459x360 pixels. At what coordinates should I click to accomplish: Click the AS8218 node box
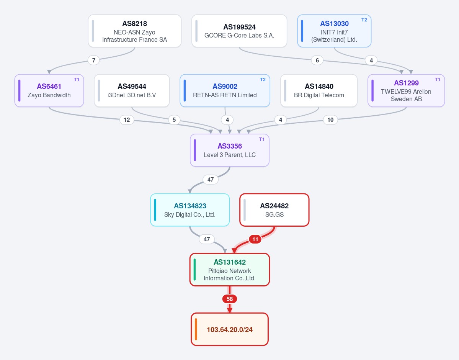pos(135,31)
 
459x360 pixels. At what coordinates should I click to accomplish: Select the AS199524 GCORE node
pos(239,31)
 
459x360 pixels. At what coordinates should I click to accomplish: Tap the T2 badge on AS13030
pos(364,20)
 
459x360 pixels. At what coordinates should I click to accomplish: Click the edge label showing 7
pos(94,61)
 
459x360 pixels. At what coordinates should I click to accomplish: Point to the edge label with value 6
pos(317,61)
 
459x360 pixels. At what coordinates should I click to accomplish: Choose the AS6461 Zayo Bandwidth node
pos(49,90)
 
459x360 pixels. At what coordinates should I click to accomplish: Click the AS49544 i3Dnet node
pos(132,90)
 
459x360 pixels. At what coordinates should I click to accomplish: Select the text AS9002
pos(225,87)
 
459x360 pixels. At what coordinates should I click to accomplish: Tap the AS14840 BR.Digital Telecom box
pos(319,90)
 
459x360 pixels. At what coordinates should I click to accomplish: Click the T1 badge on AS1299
pos(438,80)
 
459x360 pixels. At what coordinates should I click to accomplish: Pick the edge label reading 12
pos(127,120)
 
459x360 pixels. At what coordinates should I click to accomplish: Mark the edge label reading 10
pos(330,120)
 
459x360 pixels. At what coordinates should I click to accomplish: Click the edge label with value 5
pos(174,120)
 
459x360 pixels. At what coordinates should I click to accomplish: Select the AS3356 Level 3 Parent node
pos(230,150)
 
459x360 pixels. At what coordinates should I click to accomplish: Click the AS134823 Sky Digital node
pos(190,210)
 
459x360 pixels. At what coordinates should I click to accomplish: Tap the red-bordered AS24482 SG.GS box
pos(274,210)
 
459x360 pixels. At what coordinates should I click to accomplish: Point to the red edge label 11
pos(255,239)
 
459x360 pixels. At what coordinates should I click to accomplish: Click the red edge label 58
pos(230,299)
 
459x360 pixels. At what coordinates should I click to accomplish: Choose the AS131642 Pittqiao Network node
pos(230,270)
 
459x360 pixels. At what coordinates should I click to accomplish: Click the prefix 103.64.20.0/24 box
pos(230,329)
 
